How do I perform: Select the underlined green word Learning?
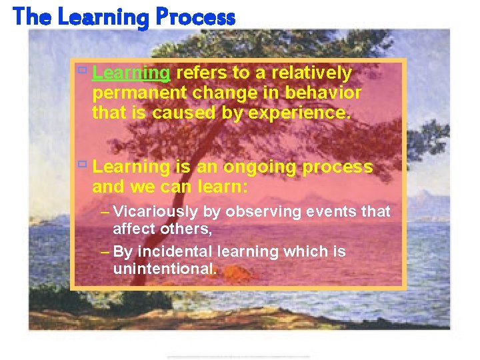132,73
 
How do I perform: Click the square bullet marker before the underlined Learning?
82,70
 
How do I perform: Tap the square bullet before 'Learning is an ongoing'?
82,164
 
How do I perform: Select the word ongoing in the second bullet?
261,167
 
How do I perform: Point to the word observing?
264,212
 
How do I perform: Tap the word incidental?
171,252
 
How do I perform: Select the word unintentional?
164,269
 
